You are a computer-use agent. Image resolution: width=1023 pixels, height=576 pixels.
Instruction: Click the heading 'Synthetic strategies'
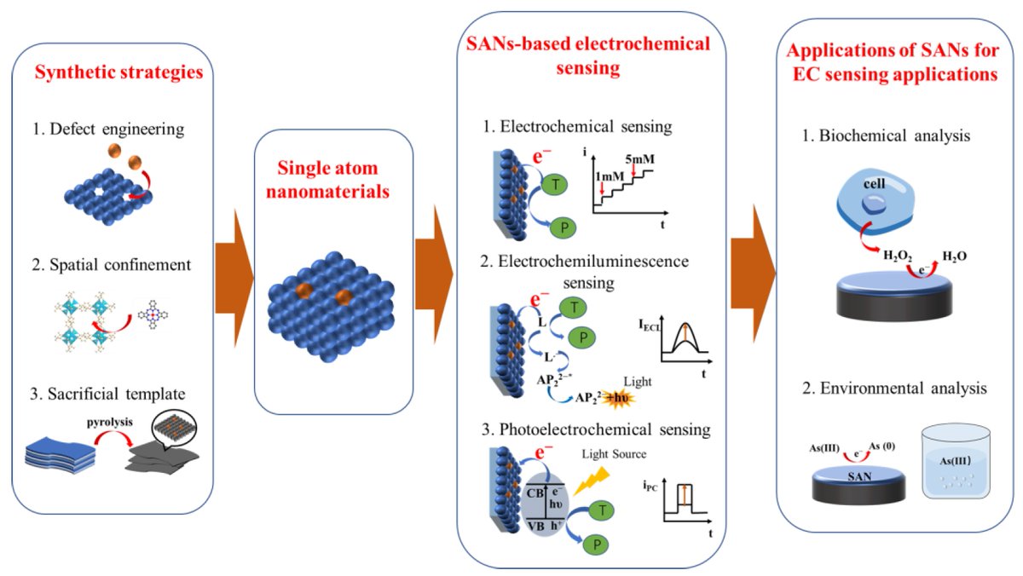120,72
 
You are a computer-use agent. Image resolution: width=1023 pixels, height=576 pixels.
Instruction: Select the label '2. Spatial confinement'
112,264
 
